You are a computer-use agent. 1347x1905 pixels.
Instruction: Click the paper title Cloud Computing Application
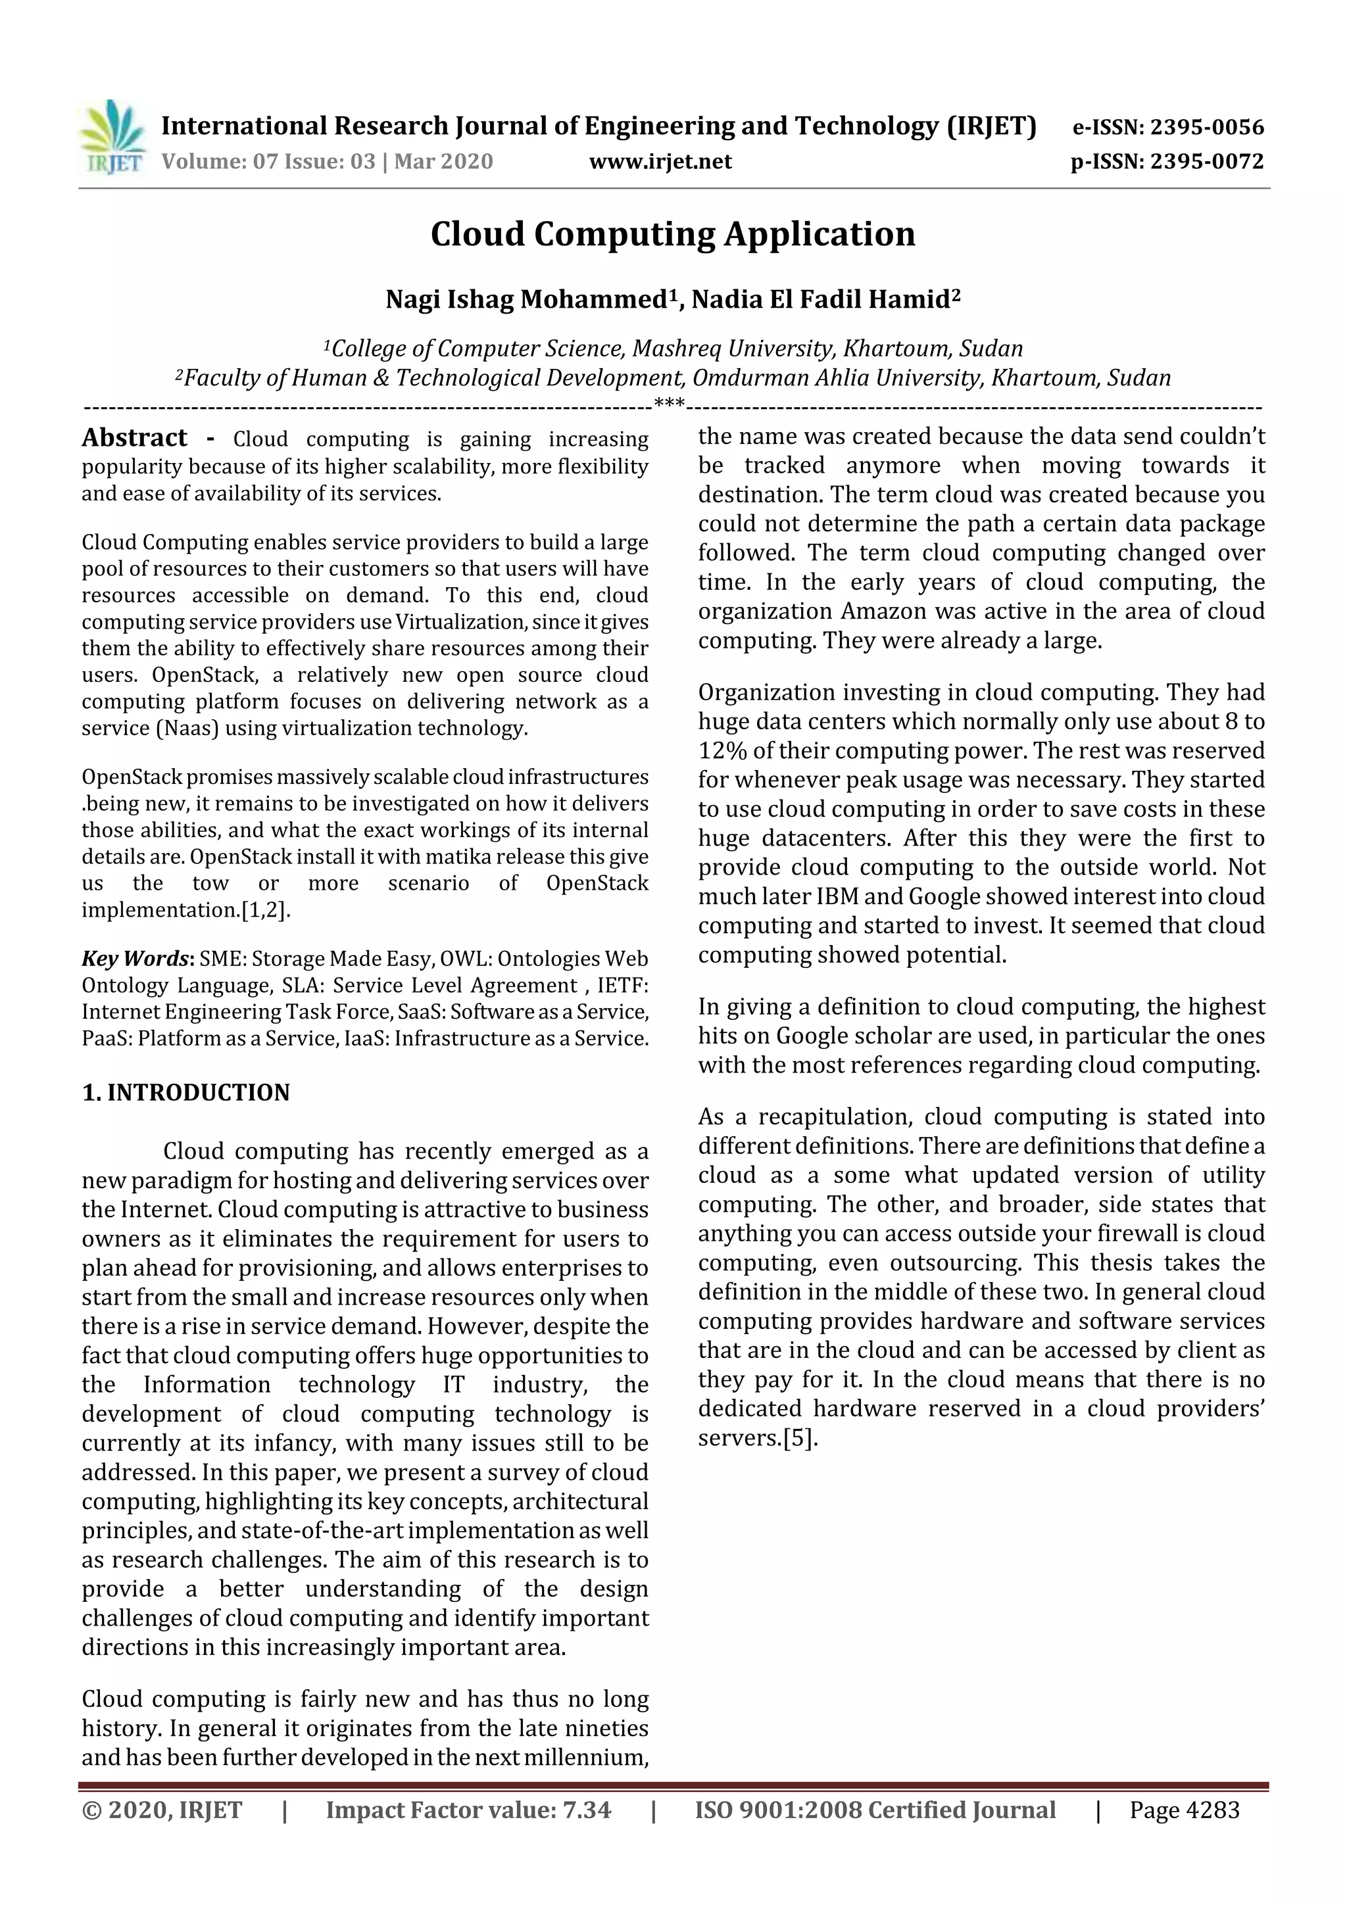point(672,234)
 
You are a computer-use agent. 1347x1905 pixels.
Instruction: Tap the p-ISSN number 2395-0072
point(1206,161)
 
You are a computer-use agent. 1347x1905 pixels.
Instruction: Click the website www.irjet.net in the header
point(660,161)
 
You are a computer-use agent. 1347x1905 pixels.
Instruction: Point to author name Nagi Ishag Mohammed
point(527,299)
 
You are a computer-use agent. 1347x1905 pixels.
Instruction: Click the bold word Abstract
point(134,438)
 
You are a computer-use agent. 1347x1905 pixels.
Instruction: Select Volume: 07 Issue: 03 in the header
point(268,161)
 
